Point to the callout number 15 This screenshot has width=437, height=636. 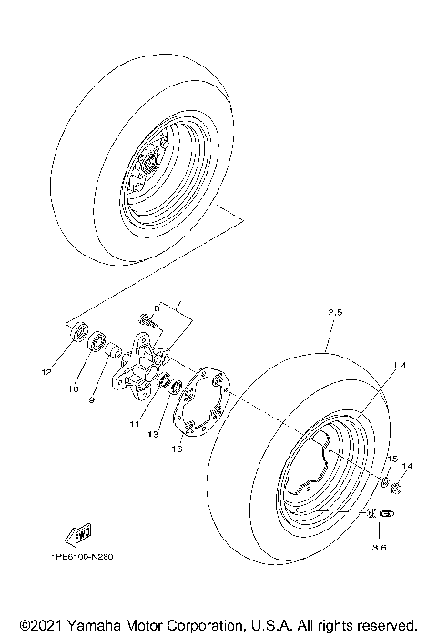pos(392,457)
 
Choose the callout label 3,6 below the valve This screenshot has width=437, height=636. pos(379,548)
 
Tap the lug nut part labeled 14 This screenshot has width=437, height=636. pos(397,490)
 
